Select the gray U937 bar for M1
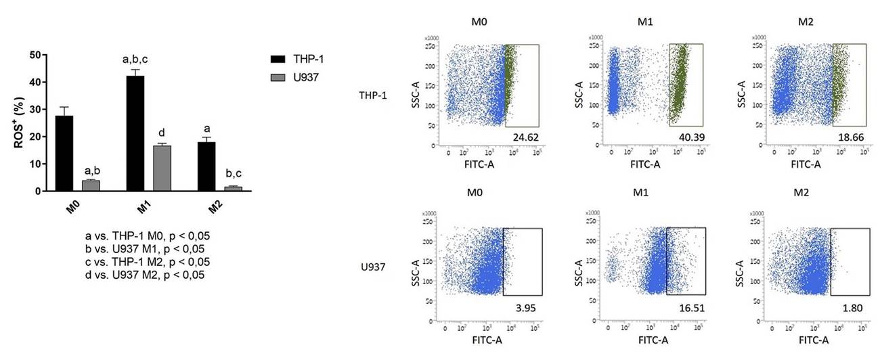(162, 168)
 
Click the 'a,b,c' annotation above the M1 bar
(135, 60)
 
